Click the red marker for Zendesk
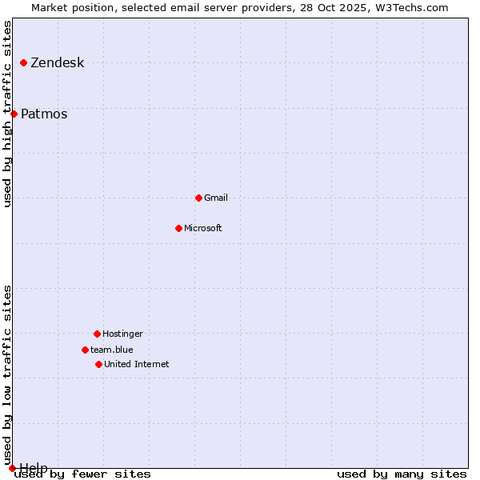[24, 62]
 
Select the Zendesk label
[57, 63]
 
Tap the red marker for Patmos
[14, 114]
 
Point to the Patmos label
[44, 114]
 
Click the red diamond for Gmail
[198, 198]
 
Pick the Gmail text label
[216, 198]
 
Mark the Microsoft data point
[178, 228]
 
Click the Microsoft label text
[203, 228]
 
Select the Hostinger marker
[97, 334]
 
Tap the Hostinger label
[122, 334]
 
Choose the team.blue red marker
[85, 350]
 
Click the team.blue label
[112, 350]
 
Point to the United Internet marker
[98, 364]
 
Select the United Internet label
[136, 364]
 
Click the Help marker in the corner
[12, 468]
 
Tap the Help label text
[34, 467]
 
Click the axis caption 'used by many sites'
[402, 474]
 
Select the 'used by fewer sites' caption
[82, 474]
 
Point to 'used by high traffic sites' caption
[8, 114]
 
